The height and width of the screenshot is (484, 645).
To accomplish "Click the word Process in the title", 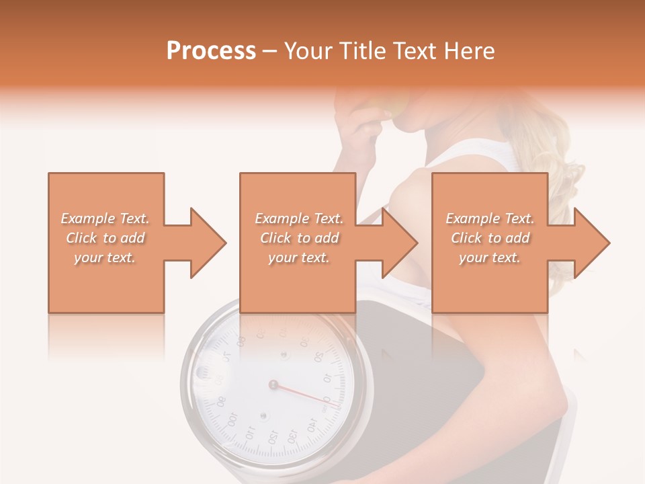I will [211, 51].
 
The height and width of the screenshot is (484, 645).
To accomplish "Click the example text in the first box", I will [105, 238].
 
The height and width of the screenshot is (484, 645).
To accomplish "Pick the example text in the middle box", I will [299, 238].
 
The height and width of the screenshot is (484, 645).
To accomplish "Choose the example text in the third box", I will [490, 238].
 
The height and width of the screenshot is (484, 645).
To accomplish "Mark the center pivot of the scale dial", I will [273, 385].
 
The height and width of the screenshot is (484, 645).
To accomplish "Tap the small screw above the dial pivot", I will [283, 352].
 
